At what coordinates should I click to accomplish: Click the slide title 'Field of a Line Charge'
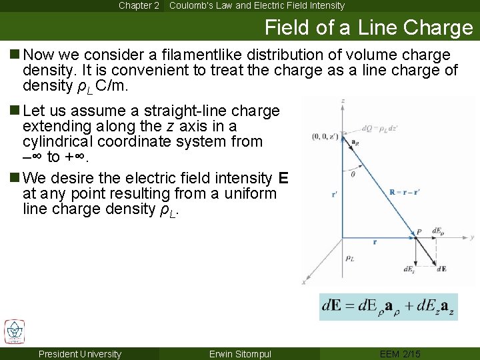point(368,28)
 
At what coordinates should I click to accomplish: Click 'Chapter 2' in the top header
point(139,5)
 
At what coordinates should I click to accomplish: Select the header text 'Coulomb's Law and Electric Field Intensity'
point(257,5)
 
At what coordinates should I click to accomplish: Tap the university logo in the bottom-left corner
point(14,331)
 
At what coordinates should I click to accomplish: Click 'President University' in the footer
point(80,354)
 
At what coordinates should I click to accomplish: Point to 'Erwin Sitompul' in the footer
point(241,354)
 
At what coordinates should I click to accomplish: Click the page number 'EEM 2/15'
point(401,354)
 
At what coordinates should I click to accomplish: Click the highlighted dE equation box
point(388,307)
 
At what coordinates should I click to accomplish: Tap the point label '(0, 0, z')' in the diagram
point(325,137)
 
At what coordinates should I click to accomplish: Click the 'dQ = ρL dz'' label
point(379,129)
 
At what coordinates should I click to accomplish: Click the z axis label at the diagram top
point(342,101)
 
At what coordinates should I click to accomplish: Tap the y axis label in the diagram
point(471,237)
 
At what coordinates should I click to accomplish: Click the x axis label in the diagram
point(304,282)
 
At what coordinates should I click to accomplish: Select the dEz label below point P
point(408,269)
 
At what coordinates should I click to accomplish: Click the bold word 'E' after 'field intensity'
point(283,178)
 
